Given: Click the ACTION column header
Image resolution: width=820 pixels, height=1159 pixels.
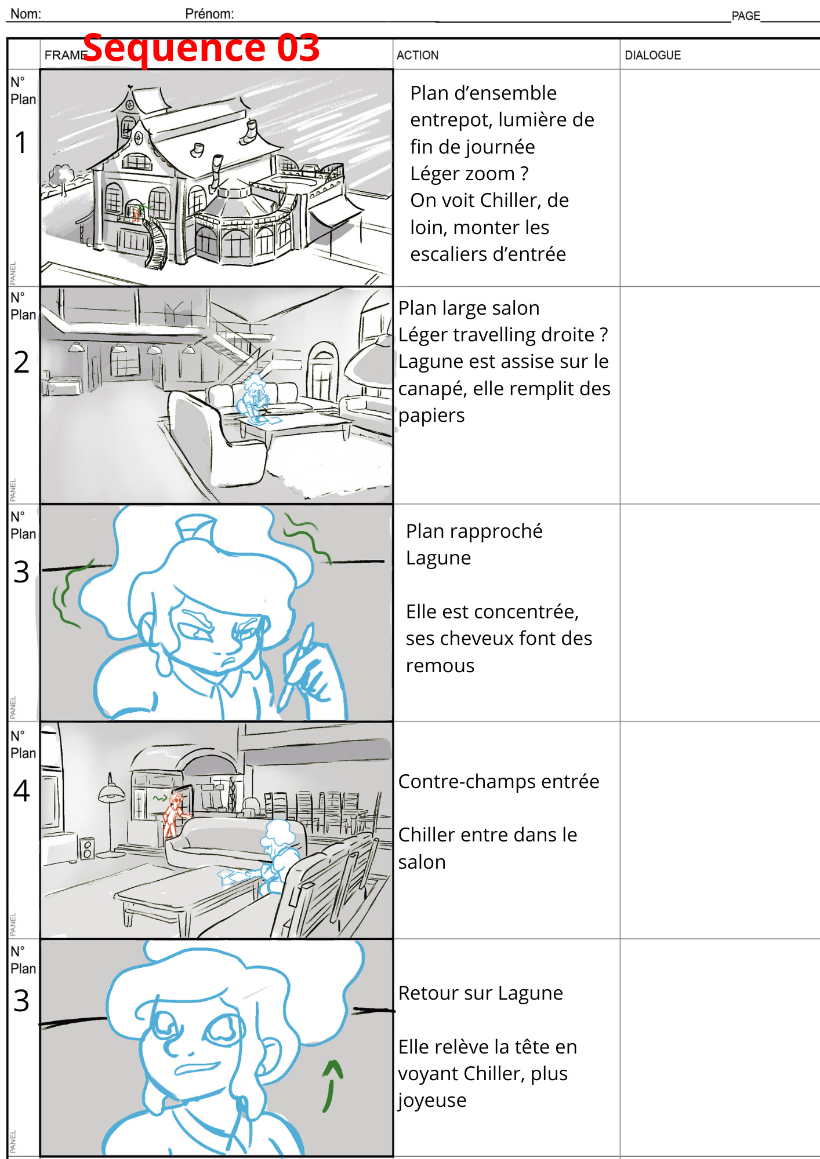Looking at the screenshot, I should coord(417,55).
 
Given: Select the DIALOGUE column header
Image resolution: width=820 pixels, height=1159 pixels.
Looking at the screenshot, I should coord(652,55).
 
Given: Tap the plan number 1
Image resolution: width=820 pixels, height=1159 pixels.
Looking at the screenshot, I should coord(21,143).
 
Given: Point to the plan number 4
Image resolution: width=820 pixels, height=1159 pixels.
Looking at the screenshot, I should coord(21,790).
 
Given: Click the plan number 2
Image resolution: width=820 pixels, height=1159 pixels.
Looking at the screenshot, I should coord(21,362).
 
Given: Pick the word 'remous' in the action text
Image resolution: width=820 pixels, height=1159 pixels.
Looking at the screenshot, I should coord(440,665).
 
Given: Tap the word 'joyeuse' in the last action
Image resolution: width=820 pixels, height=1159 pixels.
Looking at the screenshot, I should coord(431,1100).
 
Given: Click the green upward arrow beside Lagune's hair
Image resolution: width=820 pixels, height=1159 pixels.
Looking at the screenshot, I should coord(332,1085).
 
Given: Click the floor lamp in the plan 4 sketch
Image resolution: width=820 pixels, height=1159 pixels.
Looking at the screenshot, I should coord(110,811).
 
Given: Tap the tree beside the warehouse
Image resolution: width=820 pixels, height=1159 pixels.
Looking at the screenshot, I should coord(61,177).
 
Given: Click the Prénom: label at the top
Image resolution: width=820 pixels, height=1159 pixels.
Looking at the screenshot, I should coord(209,14).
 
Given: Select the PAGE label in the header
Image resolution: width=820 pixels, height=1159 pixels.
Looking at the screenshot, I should coord(745,16).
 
